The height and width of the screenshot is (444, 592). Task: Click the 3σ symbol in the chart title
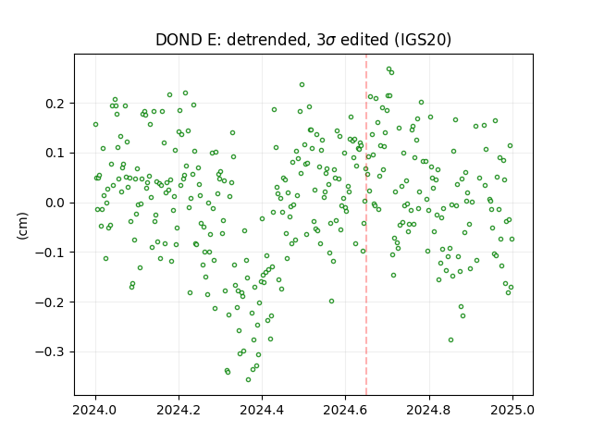pyautogui.click(x=326, y=40)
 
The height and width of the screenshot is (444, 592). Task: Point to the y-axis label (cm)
pyautogui.click(x=22, y=226)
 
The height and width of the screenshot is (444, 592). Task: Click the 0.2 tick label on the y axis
pyautogui.click(x=55, y=104)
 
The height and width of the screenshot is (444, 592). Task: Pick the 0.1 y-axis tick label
pyautogui.click(x=55, y=154)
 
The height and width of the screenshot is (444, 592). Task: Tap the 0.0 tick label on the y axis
pyautogui.click(x=55, y=203)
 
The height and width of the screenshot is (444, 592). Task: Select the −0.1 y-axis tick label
pyautogui.click(x=51, y=253)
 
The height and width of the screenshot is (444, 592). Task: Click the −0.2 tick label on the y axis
pyautogui.click(x=51, y=302)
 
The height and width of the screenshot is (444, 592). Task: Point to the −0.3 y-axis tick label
pyautogui.click(x=51, y=351)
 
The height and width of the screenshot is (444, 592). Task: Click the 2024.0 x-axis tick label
pyautogui.click(x=95, y=410)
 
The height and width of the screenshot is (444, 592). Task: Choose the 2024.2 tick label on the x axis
pyautogui.click(x=179, y=410)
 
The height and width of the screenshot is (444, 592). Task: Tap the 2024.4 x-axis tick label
pyautogui.click(x=262, y=410)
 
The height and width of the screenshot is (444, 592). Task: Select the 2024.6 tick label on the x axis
pyautogui.click(x=345, y=410)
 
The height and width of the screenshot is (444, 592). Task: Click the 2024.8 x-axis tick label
pyautogui.click(x=428, y=410)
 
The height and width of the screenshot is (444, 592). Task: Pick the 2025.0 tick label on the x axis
pyautogui.click(x=512, y=410)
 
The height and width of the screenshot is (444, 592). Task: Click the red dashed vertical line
pyautogui.click(x=366, y=225)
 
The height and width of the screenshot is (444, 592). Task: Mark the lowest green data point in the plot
pyautogui.click(x=248, y=379)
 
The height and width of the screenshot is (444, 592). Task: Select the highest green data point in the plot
pyautogui.click(x=388, y=69)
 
